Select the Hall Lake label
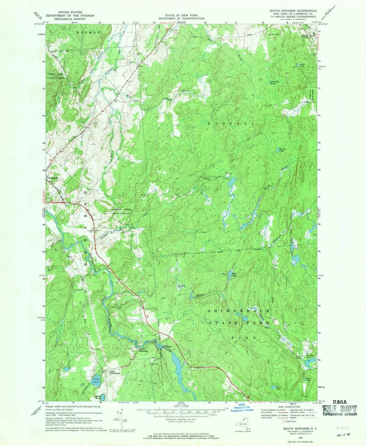[235, 275]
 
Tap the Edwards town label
[53, 178]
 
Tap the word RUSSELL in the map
[231, 123]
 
